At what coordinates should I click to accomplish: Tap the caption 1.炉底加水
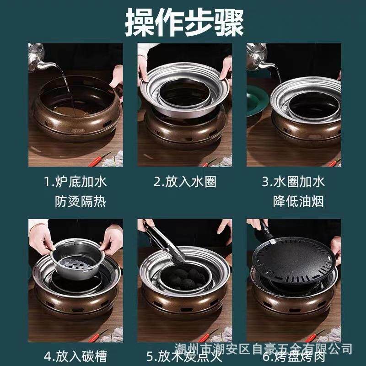[x=75, y=182]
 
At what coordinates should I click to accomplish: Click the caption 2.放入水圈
[x=184, y=182]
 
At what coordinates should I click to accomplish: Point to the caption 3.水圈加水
[x=293, y=182]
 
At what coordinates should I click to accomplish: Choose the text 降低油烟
[x=299, y=201]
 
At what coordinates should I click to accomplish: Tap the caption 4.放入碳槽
[x=75, y=356]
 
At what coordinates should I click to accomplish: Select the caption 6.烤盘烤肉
[x=293, y=356]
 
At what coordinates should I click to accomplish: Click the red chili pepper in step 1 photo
[x=100, y=159]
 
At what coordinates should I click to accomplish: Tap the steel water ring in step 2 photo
[x=185, y=91]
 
